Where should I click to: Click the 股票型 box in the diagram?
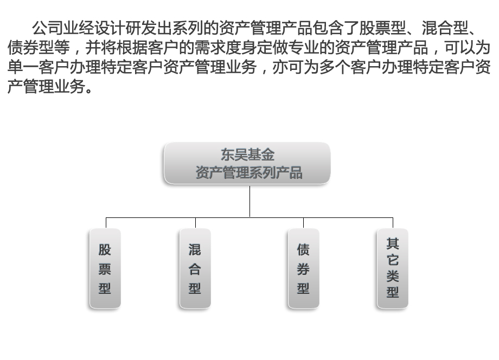(105, 268)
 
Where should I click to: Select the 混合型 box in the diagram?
(195, 268)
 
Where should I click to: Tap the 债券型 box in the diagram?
(303, 268)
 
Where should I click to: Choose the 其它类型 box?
(392, 268)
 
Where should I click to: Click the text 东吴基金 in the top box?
(247, 155)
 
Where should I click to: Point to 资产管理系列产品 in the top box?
(249, 173)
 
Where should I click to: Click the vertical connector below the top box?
(250, 201)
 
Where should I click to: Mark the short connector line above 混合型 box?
(195, 223)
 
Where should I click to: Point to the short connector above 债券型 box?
(303, 223)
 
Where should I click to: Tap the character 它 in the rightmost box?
(393, 260)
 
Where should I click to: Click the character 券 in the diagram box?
(303, 269)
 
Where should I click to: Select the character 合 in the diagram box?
(195, 269)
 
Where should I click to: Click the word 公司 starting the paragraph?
(47, 28)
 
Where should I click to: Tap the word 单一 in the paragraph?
(23, 67)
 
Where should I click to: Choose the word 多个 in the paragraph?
(335, 67)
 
